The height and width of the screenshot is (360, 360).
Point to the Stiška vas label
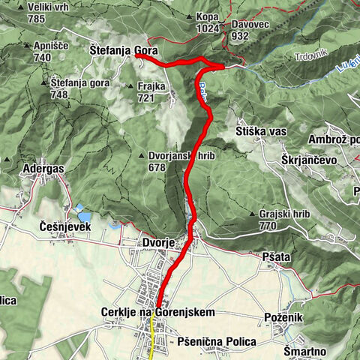261,132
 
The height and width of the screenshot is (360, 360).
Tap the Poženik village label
283,317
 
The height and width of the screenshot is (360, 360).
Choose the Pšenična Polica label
217,341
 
